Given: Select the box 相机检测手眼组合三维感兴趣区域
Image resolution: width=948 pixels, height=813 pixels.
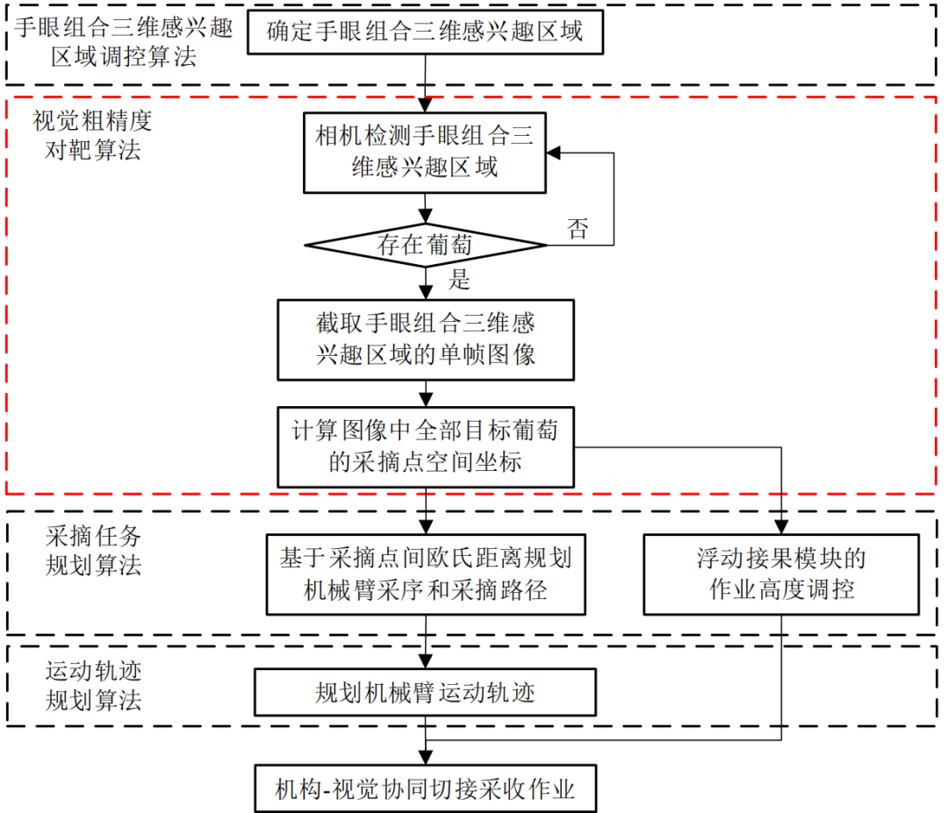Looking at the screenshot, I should [x=426, y=152].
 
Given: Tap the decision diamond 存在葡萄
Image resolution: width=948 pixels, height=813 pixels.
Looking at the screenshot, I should [x=426, y=246].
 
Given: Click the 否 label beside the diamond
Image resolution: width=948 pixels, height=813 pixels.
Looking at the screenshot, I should [x=578, y=231].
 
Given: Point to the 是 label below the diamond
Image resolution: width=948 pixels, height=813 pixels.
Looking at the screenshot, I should [x=459, y=280].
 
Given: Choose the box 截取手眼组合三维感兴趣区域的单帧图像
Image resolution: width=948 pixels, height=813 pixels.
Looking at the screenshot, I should [x=426, y=340].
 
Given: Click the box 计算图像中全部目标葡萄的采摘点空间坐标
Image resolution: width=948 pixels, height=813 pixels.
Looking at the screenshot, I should [x=426, y=446].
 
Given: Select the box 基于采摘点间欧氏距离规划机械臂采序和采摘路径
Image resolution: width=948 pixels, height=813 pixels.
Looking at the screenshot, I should [x=426, y=574].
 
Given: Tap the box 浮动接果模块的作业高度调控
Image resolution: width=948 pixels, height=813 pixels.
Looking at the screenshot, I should [x=781, y=574].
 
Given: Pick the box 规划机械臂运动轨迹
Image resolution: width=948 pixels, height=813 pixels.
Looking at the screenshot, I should [x=426, y=694].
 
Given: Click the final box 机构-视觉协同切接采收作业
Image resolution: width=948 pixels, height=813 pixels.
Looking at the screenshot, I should [x=426, y=788].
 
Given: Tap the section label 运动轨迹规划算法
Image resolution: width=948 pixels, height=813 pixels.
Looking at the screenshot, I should [x=92, y=686].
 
